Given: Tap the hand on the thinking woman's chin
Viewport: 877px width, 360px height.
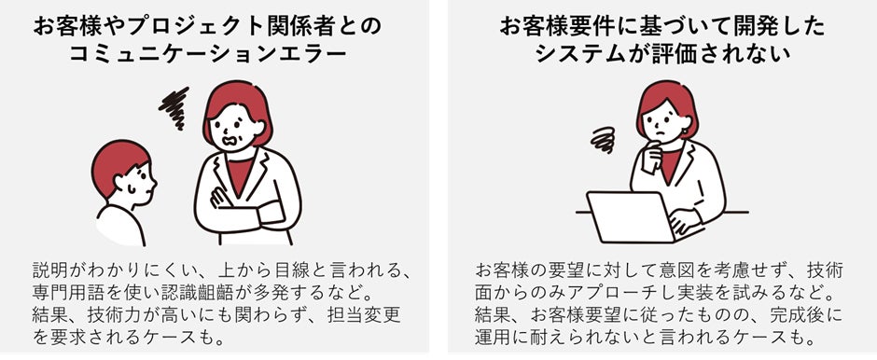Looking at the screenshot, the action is (x=651, y=157).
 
